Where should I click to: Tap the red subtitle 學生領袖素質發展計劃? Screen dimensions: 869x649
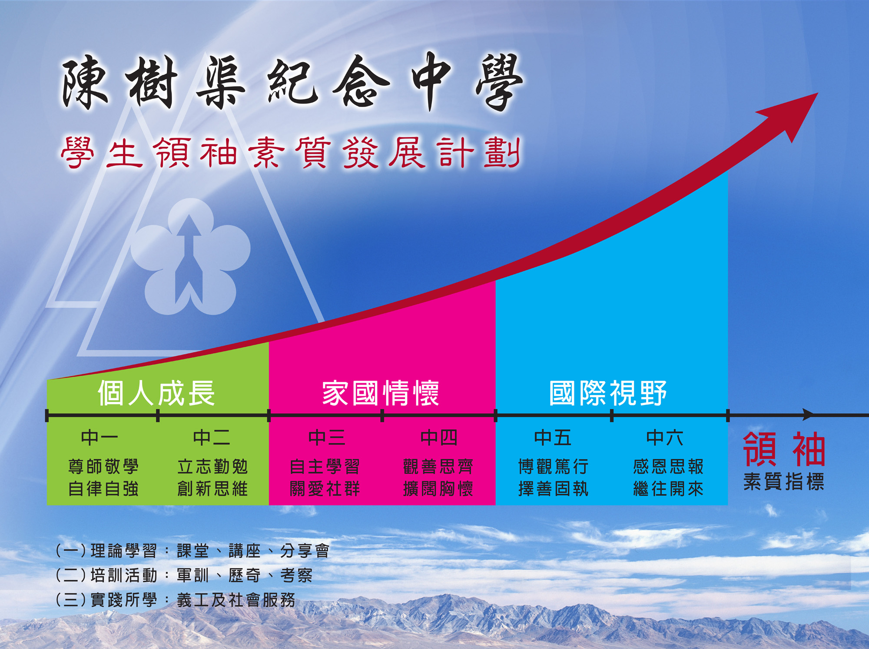tap(291, 152)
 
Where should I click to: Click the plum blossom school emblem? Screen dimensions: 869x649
tap(190, 257)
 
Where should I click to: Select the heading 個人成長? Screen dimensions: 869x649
tap(156, 393)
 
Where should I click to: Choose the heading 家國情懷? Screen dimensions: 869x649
tap(381, 393)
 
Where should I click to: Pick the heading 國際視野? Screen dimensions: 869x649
tap(608, 393)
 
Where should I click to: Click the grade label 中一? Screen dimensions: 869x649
tap(100, 438)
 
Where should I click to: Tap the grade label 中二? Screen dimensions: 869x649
tap(212, 438)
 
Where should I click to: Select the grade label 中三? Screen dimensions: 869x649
tap(327, 438)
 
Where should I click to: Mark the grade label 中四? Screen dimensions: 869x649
tap(439, 438)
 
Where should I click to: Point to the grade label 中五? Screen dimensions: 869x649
tap(553, 438)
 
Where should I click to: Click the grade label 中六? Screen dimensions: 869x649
tap(665, 438)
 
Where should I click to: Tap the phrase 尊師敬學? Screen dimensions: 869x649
tap(103, 467)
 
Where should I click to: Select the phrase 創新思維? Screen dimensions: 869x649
tap(212, 488)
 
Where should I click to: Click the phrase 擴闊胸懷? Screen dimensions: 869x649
tap(438, 488)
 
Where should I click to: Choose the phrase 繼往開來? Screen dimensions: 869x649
tap(668, 488)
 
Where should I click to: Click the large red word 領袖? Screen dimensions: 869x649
tap(784, 449)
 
